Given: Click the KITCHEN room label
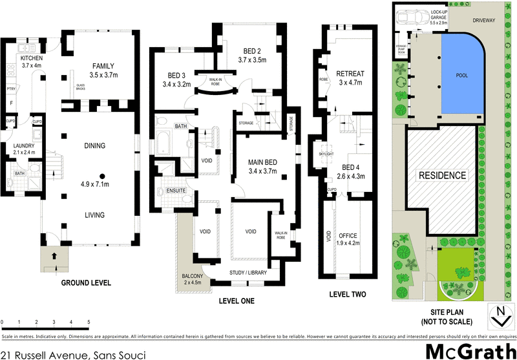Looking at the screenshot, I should pyautogui.click(x=31, y=58).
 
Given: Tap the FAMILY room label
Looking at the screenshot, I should pyautogui.click(x=103, y=67).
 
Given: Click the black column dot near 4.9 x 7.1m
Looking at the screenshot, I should pyautogui.click(x=101, y=175).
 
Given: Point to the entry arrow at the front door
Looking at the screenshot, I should pyautogui.click(x=54, y=256).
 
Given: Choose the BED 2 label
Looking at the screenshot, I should pyautogui.click(x=252, y=52).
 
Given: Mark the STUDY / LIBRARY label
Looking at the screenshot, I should pyautogui.click(x=248, y=273).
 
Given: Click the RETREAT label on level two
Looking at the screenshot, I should pyautogui.click(x=352, y=74).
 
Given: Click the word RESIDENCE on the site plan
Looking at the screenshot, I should pyautogui.click(x=442, y=175).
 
